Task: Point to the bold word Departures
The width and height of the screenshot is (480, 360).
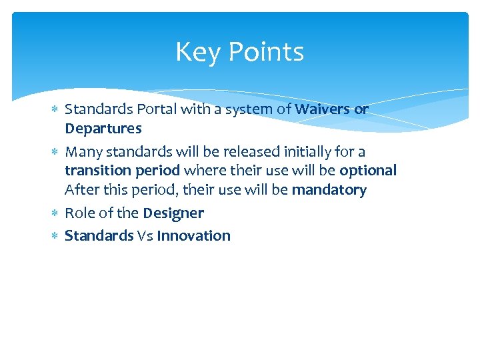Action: [103, 128]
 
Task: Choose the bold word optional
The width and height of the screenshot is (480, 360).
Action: [367, 171]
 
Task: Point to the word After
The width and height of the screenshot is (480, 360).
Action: [81, 190]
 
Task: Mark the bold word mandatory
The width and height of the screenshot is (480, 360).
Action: [329, 190]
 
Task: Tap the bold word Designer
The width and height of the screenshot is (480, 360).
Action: [173, 213]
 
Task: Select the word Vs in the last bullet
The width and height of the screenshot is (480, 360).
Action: [145, 235]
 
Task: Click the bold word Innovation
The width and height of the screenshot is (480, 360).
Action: [193, 235]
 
